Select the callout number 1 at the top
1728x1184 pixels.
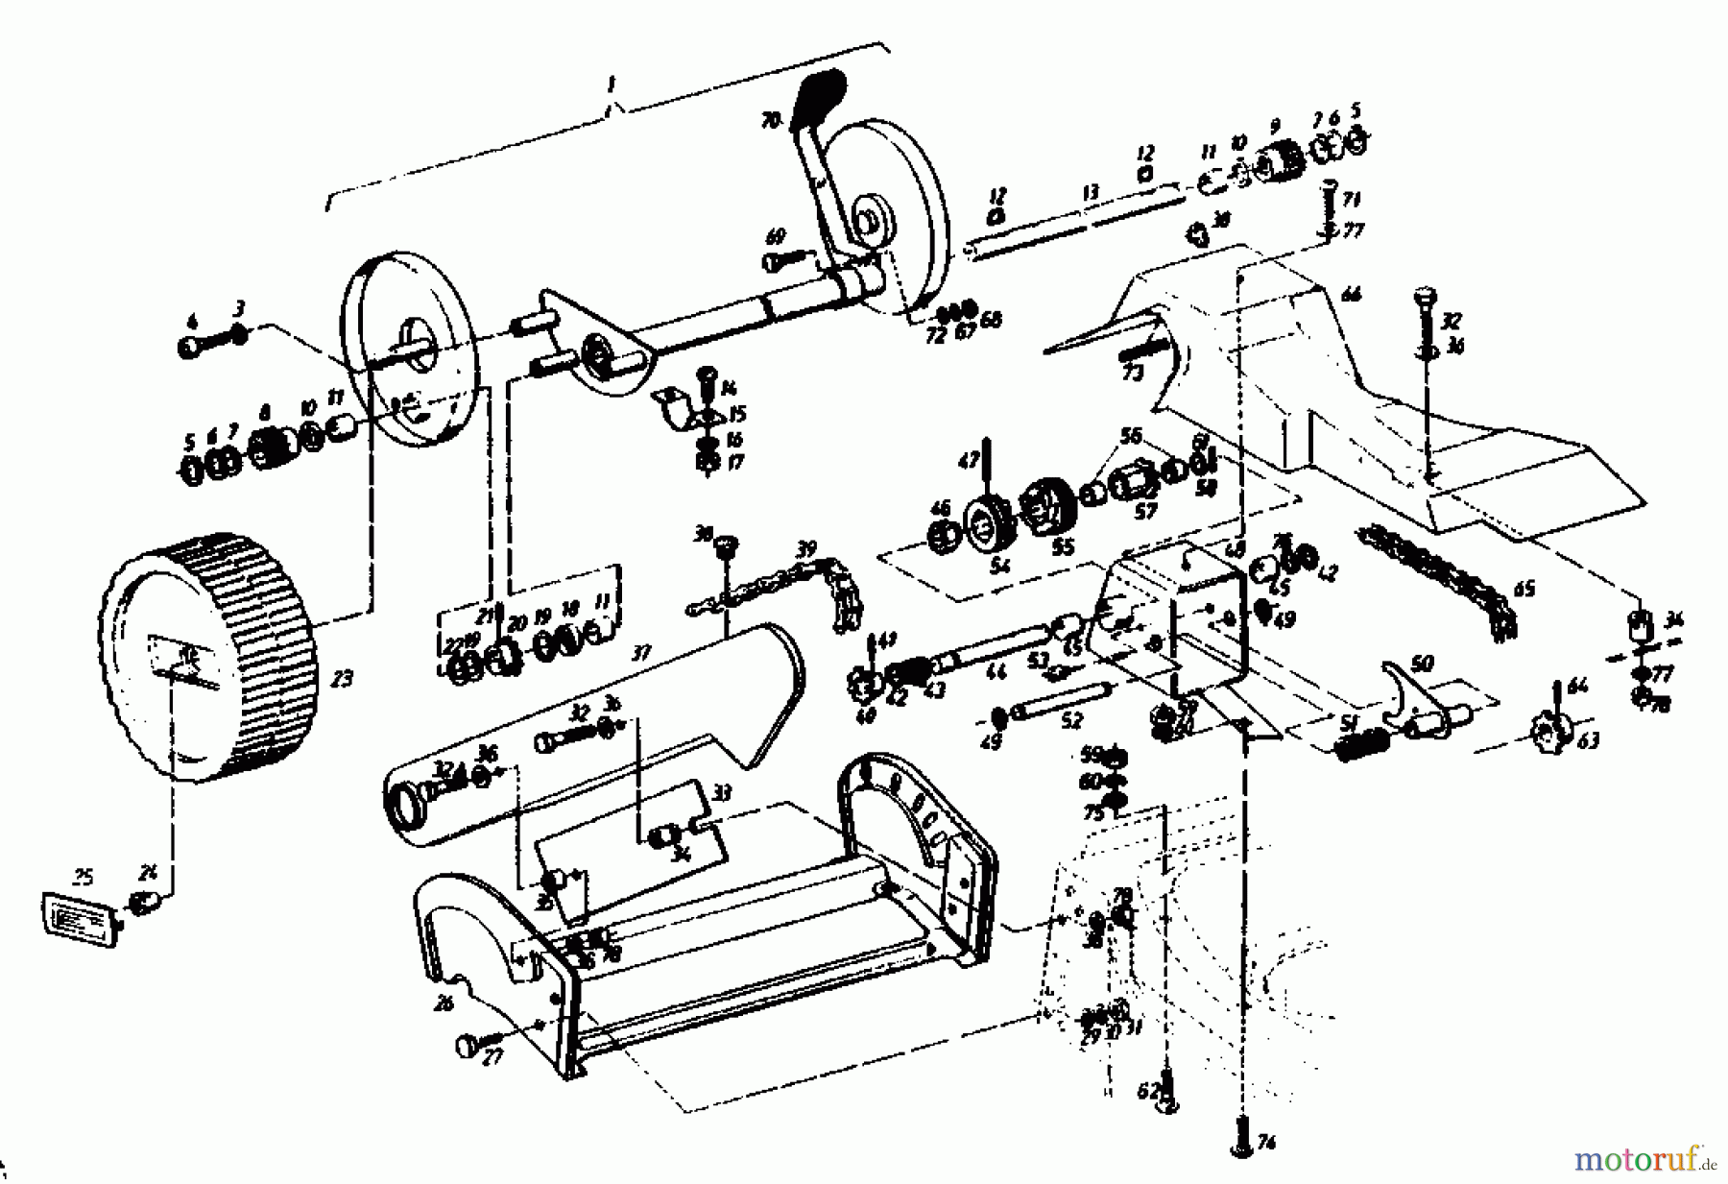coord(610,85)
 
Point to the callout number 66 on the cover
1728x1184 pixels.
coord(1352,296)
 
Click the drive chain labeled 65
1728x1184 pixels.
coord(1440,576)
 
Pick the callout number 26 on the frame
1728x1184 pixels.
coord(444,1004)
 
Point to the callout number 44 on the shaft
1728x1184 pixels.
coord(996,673)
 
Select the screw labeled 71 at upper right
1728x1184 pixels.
coord(1331,204)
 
